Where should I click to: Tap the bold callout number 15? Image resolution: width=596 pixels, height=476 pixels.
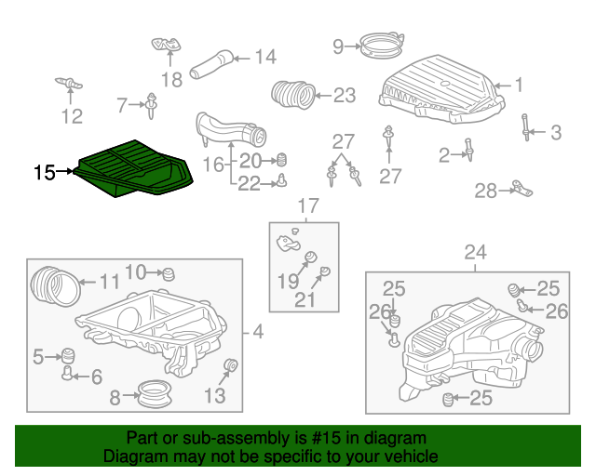tap(45, 172)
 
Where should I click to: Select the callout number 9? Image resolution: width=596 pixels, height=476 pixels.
tap(338, 46)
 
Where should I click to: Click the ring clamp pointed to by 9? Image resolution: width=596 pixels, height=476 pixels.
tap(381, 45)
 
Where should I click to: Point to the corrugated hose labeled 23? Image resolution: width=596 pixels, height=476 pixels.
tap(293, 95)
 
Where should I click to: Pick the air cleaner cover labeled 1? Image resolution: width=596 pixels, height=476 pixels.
tap(441, 89)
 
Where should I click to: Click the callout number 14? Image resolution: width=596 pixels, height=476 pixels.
tap(265, 57)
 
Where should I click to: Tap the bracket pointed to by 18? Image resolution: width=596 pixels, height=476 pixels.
tap(166, 46)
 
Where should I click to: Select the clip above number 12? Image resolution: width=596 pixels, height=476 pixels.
tap(69, 83)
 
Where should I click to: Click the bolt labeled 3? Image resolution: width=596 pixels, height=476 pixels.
tap(525, 127)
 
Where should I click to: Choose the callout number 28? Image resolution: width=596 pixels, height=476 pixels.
tap(485, 191)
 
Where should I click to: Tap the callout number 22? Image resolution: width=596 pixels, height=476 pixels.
tap(249, 184)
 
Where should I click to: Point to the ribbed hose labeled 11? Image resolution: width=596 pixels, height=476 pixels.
tap(56, 286)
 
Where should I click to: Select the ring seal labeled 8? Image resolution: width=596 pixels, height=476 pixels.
tap(155, 394)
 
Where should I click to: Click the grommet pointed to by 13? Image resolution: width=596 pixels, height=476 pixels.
tap(230, 365)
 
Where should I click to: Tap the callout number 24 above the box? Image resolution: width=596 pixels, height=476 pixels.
tap(476, 252)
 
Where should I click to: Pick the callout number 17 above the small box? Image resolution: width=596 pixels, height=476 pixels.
tap(308, 205)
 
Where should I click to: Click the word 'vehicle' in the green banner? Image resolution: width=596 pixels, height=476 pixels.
tap(412, 456)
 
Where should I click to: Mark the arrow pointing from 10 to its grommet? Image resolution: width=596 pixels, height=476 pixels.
tap(155, 272)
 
